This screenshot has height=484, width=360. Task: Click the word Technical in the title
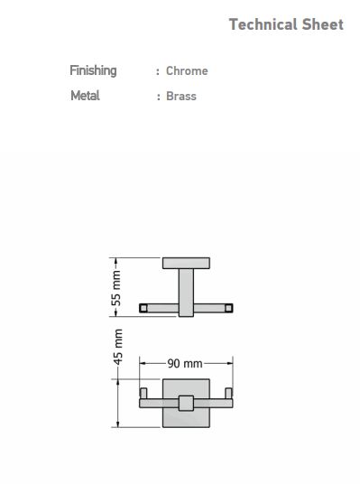(x=263, y=24)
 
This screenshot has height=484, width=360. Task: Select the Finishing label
(x=93, y=71)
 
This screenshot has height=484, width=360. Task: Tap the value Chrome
(x=187, y=71)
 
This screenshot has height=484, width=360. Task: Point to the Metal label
(x=85, y=96)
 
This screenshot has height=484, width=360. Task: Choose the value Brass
(x=181, y=96)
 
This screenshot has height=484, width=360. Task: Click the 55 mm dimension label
(x=116, y=288)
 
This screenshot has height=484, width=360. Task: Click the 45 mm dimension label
(x=118, y=347)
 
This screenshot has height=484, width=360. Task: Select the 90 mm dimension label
(x=185, y=363)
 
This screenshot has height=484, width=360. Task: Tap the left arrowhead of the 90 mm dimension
(x=143, y=363)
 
